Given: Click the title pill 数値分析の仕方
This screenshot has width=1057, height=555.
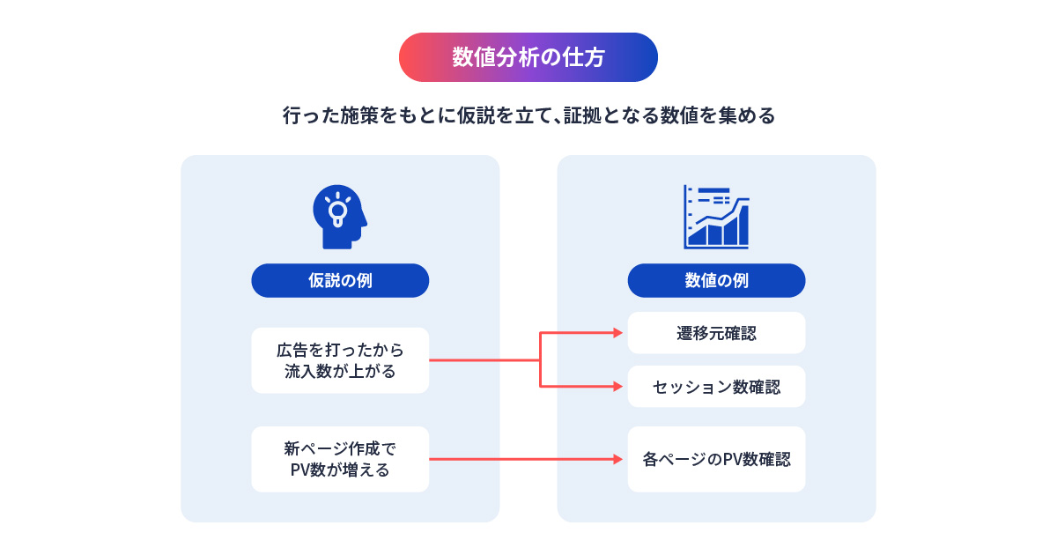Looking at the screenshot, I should tap(528, 57).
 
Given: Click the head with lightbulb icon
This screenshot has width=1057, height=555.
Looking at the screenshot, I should tap(339, 217).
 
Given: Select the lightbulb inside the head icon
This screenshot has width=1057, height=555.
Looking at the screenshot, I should tap(336, 210).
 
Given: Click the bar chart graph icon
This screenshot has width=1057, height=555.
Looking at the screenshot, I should tap(716, 217).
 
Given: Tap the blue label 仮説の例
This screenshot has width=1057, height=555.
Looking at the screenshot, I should tap(340, 280).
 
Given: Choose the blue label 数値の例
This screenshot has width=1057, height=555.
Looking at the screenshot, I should tap(716, 280).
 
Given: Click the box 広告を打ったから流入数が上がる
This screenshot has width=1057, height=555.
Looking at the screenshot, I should tap(340, 360).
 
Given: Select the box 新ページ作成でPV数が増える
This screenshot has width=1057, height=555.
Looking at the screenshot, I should tap(340, 459).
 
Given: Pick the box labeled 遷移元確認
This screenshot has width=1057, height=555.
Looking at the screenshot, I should tap(716, 333).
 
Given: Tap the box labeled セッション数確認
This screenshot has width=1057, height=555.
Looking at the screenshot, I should tap(716, 387).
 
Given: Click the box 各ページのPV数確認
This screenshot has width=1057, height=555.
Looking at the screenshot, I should tap(716, 459).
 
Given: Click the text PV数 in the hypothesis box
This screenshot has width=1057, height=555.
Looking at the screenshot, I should tap(310, 470).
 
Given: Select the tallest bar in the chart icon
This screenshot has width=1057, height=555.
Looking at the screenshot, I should tap(743, 226).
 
